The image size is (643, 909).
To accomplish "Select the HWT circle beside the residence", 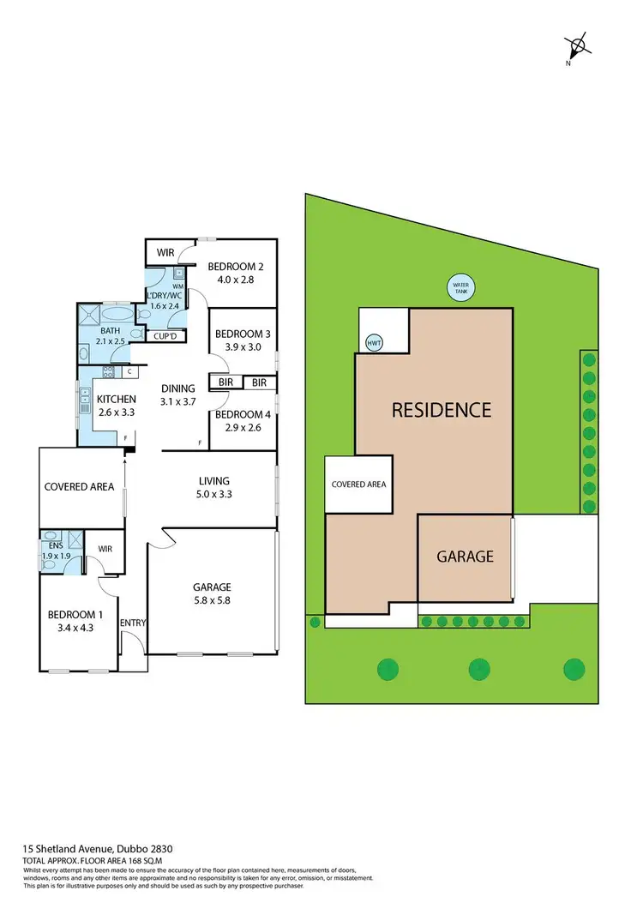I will click(x=374, y=342).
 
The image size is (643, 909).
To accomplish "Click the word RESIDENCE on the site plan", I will click(x=442, y=410).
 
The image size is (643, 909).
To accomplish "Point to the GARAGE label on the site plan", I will click(x=465, y=556).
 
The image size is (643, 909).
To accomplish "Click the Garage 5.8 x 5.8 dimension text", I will click(x=211, y=593).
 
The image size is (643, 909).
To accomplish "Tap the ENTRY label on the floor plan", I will click(x=133, y=623).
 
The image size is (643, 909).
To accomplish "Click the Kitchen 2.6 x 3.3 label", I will click(x=116, y=406).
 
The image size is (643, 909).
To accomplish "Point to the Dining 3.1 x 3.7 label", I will click(x=178, y=394).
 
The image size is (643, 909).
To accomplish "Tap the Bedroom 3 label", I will click(x=243, y=340).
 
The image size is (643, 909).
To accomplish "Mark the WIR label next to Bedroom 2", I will click(x=165, y=253).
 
